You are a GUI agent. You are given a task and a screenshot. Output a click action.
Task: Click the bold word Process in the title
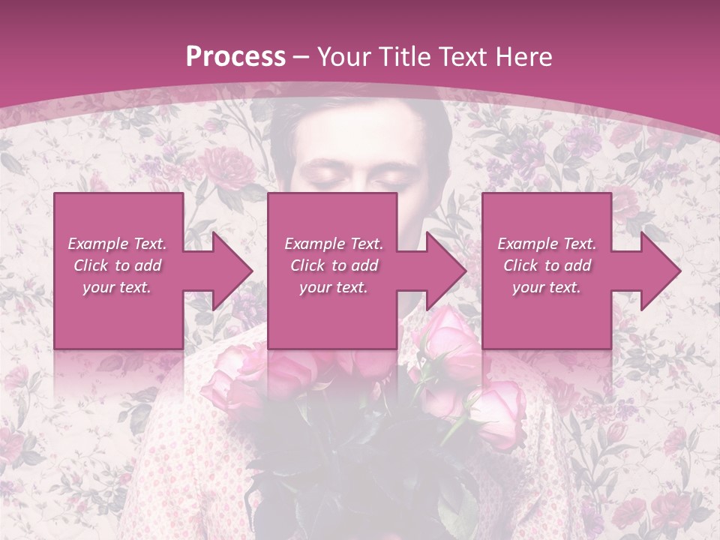point(235,56)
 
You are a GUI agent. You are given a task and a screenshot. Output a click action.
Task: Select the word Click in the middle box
point(307,265)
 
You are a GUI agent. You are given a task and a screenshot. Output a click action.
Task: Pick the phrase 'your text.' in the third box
point(547,287)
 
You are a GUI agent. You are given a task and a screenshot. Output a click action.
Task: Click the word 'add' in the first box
point(148,265)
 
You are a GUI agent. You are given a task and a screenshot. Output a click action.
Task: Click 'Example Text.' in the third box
point(547,244)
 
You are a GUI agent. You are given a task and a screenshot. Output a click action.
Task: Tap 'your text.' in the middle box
point(333,287)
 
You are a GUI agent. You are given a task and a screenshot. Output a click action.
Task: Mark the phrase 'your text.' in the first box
point(117,287)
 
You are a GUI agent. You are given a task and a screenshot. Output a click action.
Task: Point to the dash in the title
point(301,58)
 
